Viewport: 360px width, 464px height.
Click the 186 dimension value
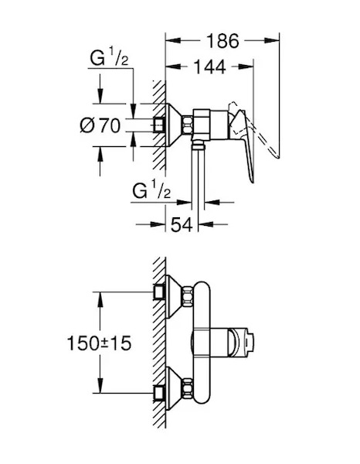click(x=222, y=41)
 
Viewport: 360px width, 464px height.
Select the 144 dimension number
click(x=209, y=67)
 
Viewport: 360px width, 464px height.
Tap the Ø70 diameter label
click(x=100, y=125)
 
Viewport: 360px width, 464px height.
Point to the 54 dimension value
click(x=182, y=224)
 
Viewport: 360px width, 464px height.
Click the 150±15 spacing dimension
click(x=100, y=343)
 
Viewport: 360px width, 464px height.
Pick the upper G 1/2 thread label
click(x=110, y=57)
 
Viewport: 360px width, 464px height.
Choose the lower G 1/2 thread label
click(x=151, y=190)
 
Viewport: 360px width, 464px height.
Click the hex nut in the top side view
click(x=187, y=125)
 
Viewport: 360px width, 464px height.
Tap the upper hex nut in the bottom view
click(x=188, y=296)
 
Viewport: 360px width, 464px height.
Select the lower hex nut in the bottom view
click(x=188, y=387)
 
